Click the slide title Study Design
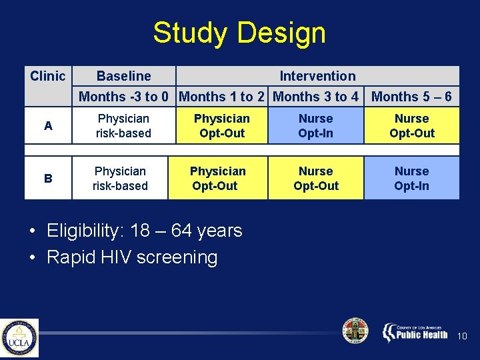[239, 33]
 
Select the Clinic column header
[48, 76]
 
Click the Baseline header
[124, 76]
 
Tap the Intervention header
[317, 76]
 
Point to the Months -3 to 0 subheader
[123, 97]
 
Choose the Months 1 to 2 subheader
[221, 97]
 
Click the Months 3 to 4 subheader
[315, 97]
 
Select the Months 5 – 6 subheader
[411, 97]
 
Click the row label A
[48, 126]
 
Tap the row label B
[48, 179]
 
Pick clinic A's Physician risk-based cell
[123, 126]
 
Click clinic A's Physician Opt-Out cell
[221, 126]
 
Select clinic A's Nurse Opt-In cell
[315, 126]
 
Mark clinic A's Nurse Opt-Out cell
[411, 126]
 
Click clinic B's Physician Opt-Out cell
[217, 179]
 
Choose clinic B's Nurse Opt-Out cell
[315, 179]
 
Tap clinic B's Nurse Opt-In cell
[411, 179]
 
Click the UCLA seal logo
[19, 338]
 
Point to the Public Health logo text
[421, 334]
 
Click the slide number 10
[463, 337]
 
